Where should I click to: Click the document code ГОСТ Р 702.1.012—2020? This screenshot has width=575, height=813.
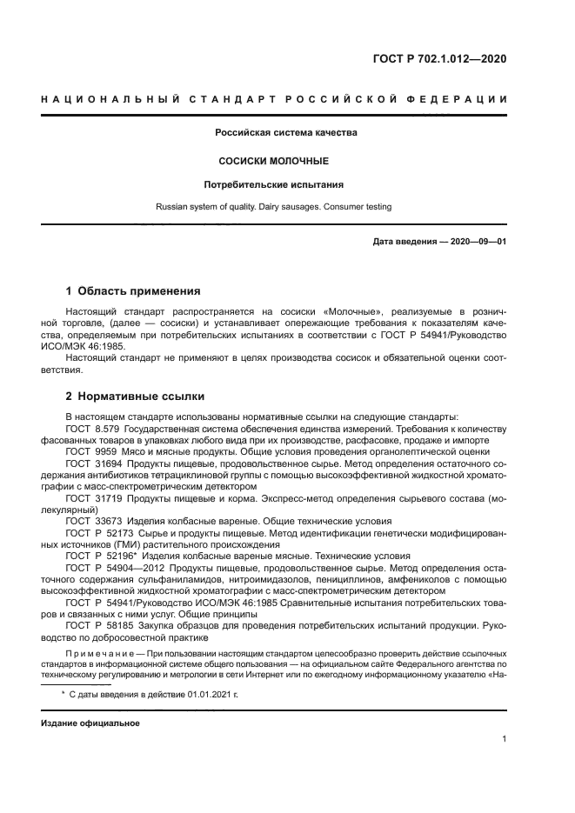click(x=439, y=59)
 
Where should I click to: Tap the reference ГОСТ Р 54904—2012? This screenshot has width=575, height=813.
click(x=111, y=566)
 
